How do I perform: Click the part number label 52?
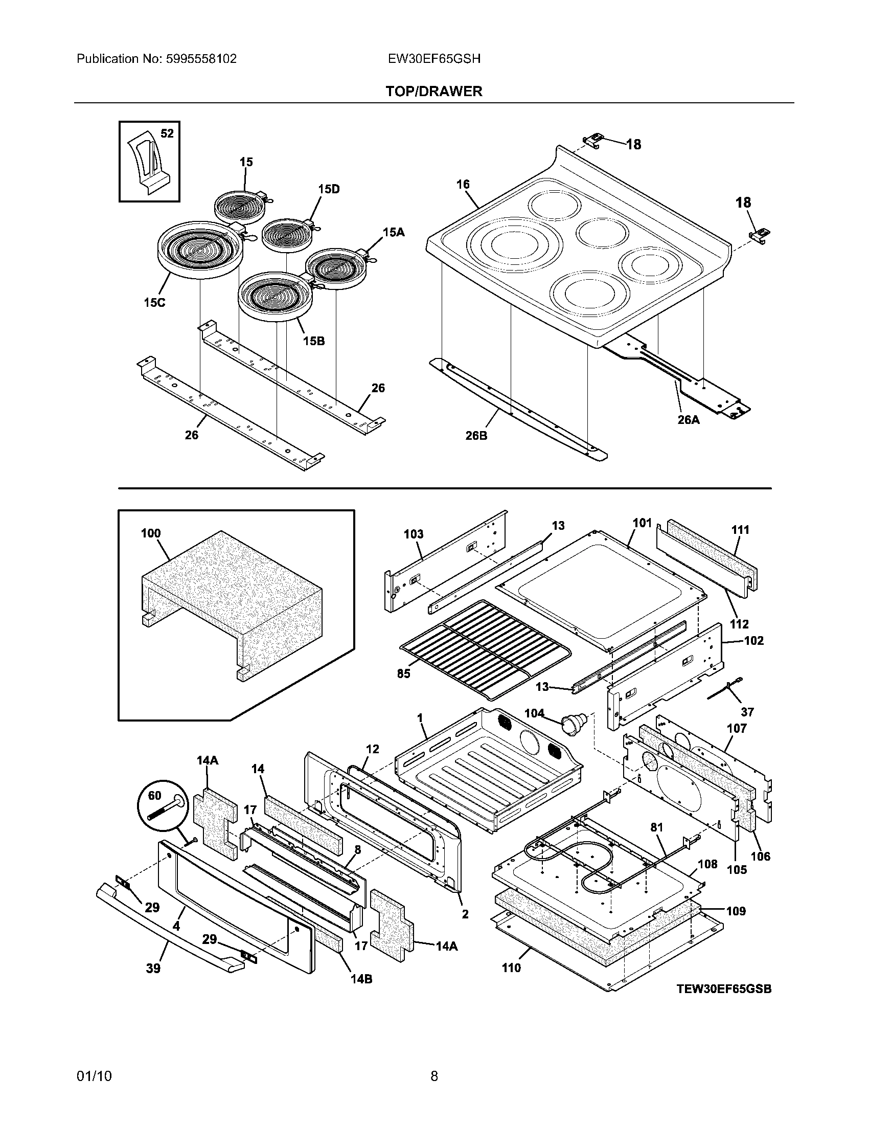coord(167,133)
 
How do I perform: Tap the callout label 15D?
coord(329,189)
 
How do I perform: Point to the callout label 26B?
coord(476,436)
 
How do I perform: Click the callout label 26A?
coord(689,420)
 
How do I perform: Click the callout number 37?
coord(747,712)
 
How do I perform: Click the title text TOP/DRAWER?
coord(434,91)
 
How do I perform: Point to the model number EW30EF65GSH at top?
coord(434,59)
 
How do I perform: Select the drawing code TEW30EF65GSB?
coord(724,989)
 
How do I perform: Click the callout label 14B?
coord(361,979)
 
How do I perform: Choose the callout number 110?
coord(511,968)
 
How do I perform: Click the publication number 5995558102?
coord(201,59)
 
